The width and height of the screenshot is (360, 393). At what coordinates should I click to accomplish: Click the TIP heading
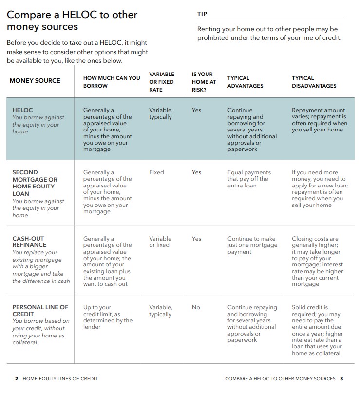tap(202, 14)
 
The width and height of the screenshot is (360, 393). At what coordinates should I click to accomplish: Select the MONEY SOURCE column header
tap(35, 81)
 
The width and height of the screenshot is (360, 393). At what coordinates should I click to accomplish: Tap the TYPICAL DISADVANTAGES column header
tap(314, 82)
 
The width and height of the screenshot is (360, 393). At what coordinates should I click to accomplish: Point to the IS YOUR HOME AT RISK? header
tap(204, 82)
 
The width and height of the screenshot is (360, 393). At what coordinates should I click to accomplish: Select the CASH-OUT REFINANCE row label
tap(30, 242)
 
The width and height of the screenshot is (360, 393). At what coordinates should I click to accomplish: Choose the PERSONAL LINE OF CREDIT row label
tap(40, 311)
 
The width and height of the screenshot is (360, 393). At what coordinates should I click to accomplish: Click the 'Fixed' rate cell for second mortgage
tap(156, 172)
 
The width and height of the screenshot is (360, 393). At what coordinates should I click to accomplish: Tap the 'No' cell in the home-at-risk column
tap(196, 307)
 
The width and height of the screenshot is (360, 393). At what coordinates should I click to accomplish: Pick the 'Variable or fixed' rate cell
tap(160, 242)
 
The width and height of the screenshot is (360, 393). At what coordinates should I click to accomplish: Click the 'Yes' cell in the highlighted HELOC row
tap(196, 110)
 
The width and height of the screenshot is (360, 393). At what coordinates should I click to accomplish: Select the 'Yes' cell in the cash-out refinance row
tap(196, 239)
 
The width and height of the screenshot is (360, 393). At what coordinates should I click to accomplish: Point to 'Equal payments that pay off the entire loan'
tap(249, 179)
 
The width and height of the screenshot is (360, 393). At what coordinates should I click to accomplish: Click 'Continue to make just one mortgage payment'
tap(252, 245)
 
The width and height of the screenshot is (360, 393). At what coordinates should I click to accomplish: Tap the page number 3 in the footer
tap(341, 379)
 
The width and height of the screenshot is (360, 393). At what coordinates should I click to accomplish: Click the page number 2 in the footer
tap(17, 379)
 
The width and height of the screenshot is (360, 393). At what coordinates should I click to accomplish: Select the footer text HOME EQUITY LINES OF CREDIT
tap(60, 379)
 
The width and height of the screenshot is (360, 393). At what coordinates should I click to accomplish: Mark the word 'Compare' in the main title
tap(29, 15)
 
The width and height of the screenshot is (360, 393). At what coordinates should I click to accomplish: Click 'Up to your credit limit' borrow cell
tap(108, 317)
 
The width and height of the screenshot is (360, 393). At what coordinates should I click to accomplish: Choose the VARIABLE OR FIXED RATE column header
tap(161, 82)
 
